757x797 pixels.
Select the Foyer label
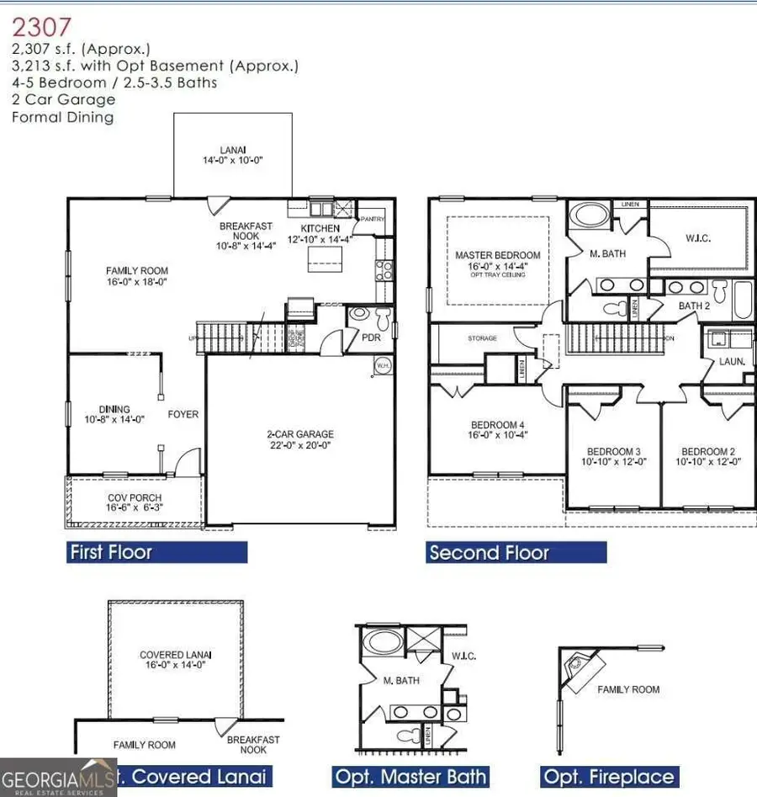point(183,414)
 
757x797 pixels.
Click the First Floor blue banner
point(156,552)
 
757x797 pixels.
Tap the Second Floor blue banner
point(516,552)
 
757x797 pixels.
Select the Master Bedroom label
point(498,260)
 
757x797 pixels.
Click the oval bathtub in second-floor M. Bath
point(592,215)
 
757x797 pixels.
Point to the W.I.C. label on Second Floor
point(698,238)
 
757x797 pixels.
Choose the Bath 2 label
point(694,306)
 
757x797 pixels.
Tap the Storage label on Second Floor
point(483,338)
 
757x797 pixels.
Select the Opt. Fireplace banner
point(609,776)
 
